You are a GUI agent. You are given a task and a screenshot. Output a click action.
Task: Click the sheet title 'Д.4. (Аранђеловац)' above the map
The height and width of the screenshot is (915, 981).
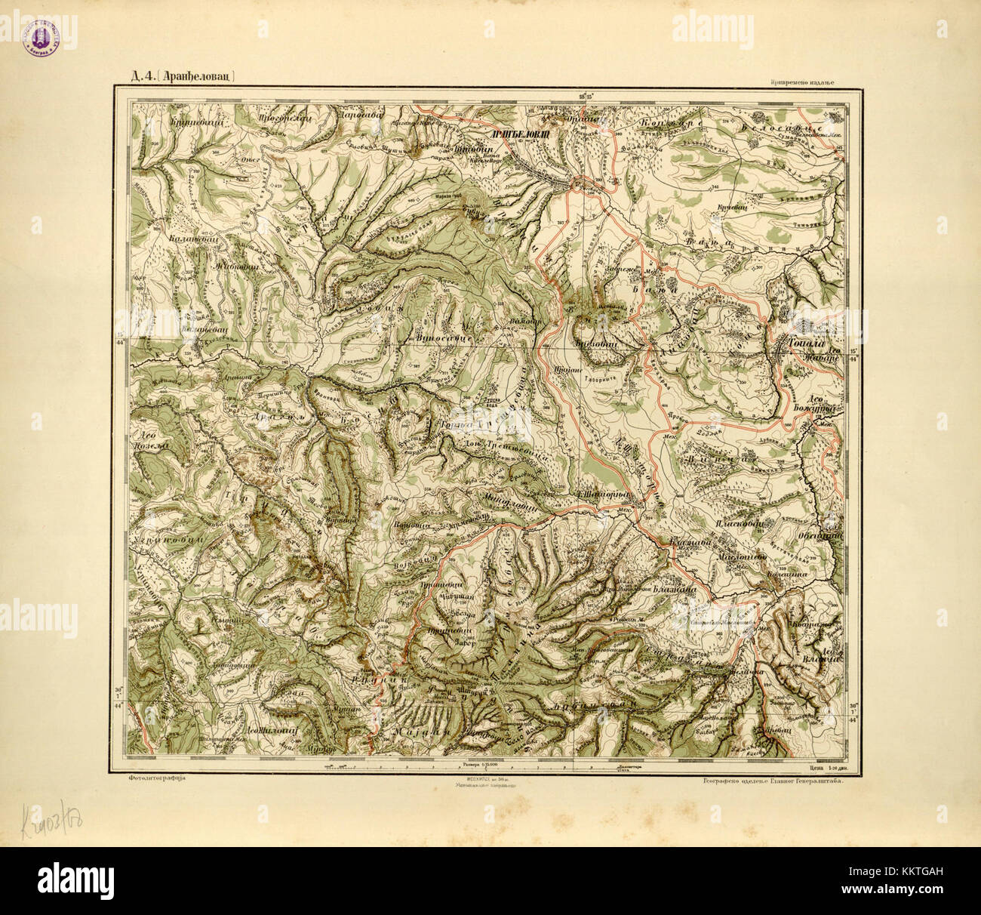[x=174, y=75]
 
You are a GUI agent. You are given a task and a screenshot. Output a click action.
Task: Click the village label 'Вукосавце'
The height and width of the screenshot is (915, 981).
[x=444, y=339]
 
